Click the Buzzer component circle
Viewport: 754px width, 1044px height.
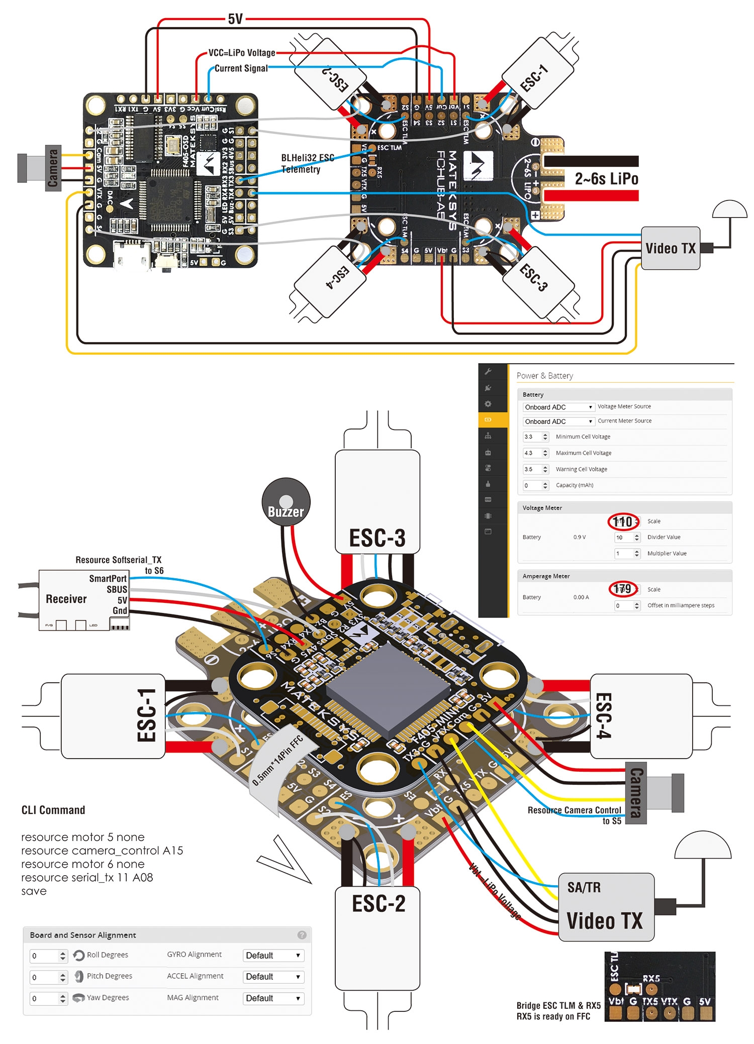(x=286, y=502)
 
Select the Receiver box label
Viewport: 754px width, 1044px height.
(x=66, y=599)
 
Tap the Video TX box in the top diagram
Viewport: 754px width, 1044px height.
(x=671, y=248)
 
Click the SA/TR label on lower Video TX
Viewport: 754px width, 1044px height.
(x=584, y=887)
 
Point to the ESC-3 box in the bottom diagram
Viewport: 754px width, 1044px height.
(x=377, y=502)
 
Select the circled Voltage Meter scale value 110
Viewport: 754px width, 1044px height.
(x=623, y=521)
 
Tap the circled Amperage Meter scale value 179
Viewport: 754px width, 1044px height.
(x=623, y=589)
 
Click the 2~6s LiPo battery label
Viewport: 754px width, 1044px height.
(x=606, y=179)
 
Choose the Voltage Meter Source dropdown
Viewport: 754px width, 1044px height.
(x=558, y=407)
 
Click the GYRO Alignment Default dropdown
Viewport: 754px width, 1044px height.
(x=273, y=956)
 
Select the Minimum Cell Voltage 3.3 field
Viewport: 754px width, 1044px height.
(x=535, y=437)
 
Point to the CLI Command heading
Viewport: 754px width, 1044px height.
(x=53, y=810)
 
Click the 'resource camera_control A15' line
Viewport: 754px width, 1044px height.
(x=102, y=851)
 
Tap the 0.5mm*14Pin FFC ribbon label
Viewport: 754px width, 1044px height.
(x=277, y=760)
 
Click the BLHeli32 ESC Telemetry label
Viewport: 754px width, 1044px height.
(x=307, y=163)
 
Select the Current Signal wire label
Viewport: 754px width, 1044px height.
(x=241, y=68)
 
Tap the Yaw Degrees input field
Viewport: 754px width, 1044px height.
(x=48, y=998)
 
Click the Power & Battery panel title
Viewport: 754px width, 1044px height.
(x=544, y=376)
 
